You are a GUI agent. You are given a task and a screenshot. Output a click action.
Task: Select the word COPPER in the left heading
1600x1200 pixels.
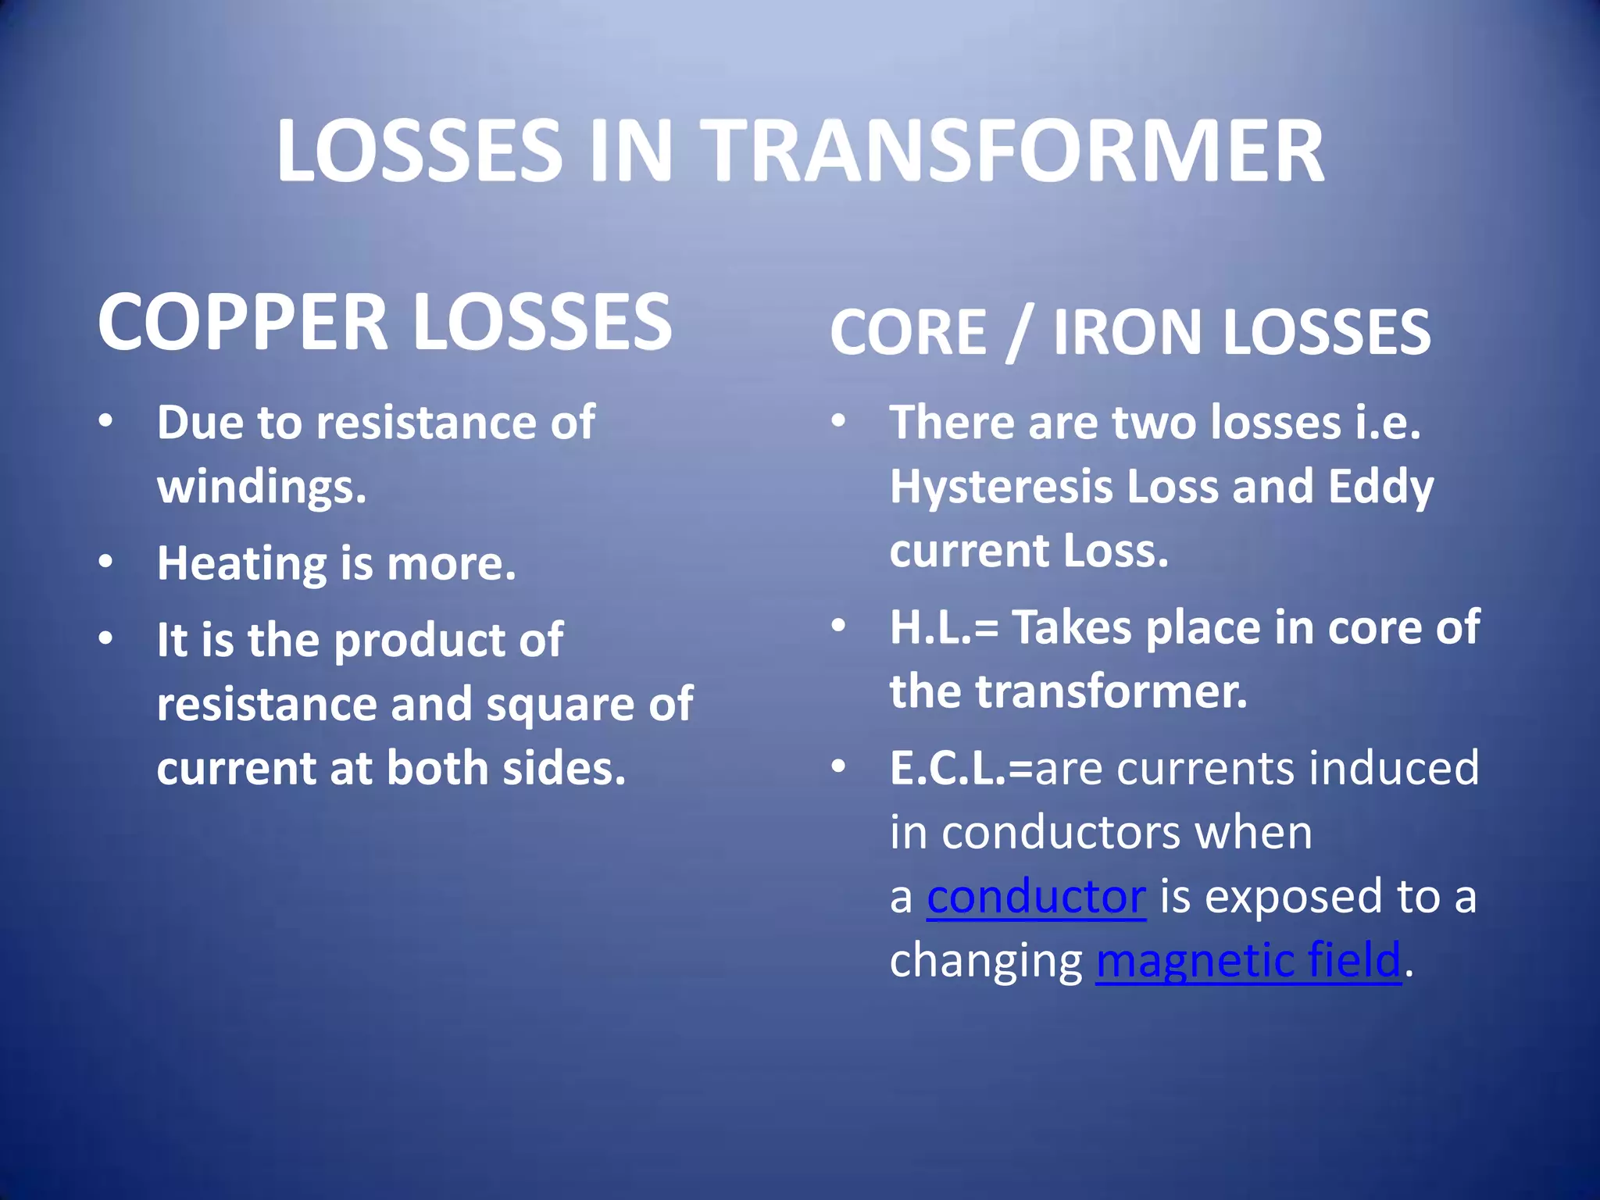(242, 322)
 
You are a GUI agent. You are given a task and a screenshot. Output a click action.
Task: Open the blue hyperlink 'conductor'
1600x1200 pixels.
(1036, 896)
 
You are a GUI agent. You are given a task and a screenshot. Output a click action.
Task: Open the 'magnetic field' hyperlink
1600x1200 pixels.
(1248, 960)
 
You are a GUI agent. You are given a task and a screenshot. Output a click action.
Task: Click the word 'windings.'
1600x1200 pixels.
(262, 487)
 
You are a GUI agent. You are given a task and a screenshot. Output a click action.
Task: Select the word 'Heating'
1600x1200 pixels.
(241, 564)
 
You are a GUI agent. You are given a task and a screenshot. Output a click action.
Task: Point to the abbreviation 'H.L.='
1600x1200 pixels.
(944, 627)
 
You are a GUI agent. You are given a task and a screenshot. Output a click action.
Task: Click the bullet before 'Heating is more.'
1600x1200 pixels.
(106, 562)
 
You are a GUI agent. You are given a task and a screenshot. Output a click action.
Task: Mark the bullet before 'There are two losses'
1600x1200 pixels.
(838, 421)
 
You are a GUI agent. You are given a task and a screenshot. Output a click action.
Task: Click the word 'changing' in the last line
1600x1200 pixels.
(986, 962)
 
